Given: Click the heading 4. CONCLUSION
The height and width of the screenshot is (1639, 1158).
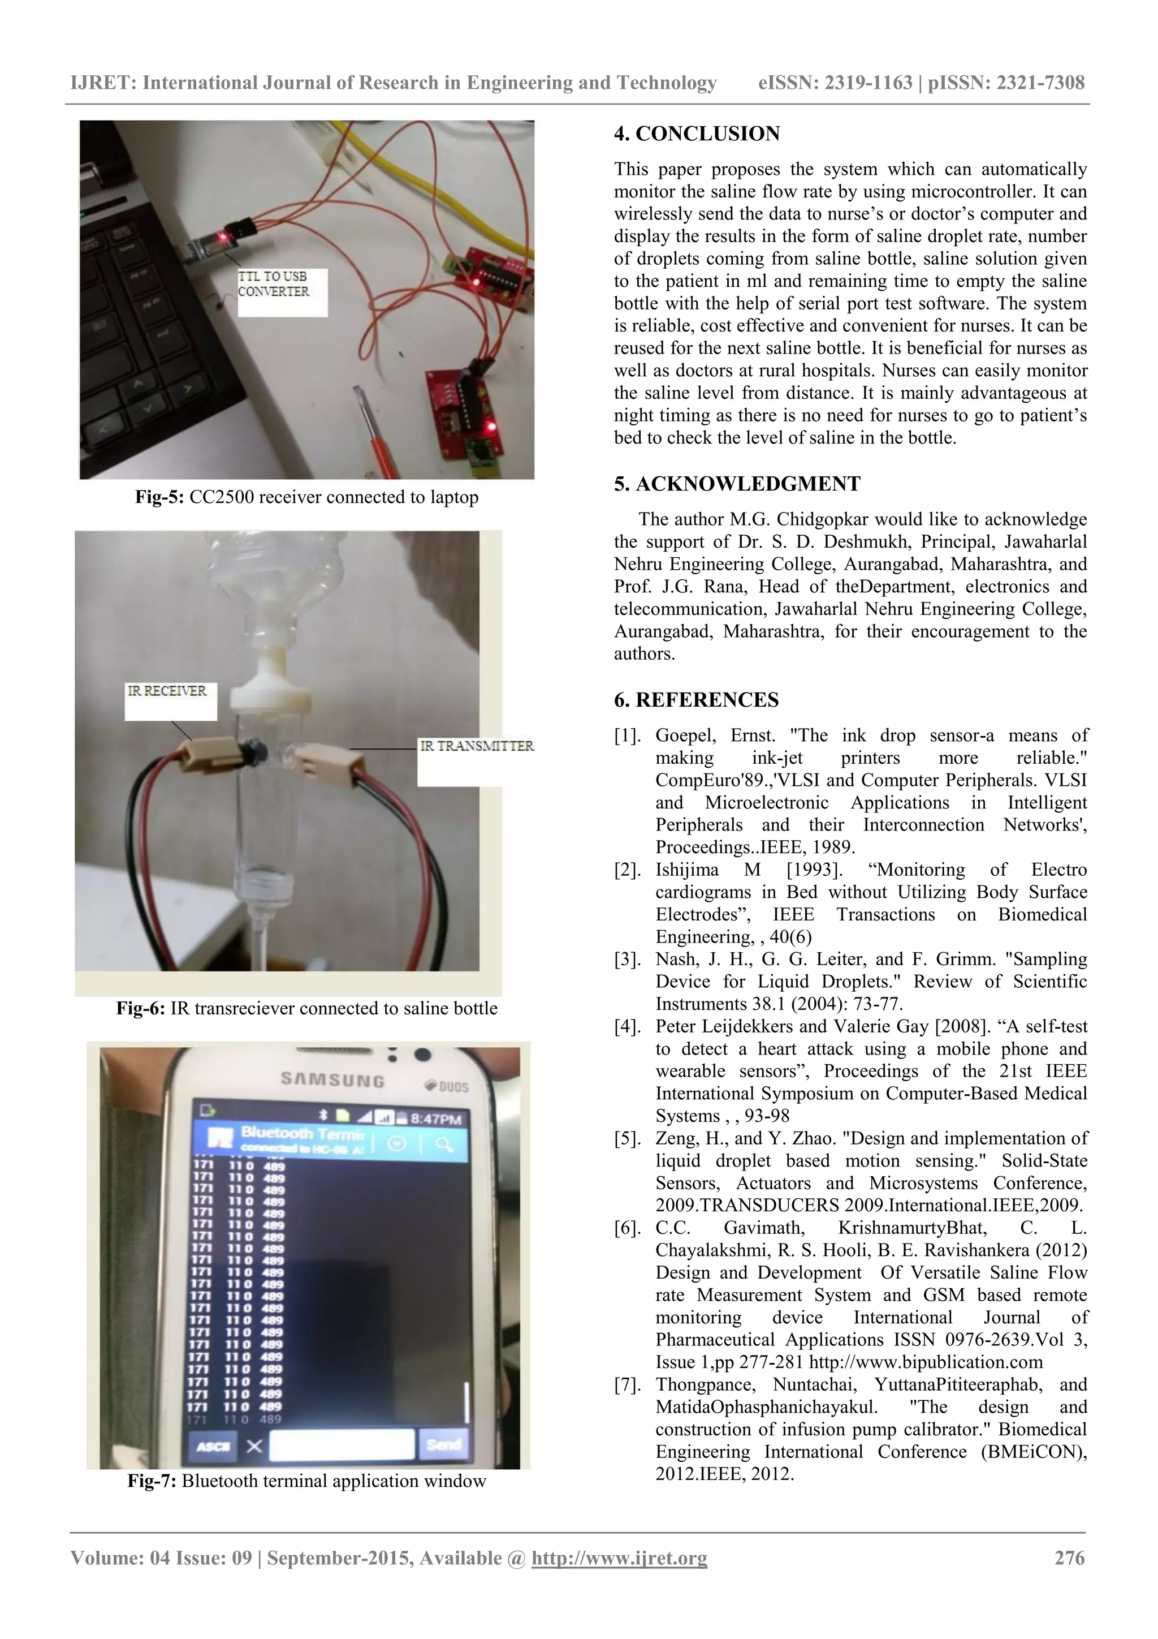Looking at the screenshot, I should (697, 134).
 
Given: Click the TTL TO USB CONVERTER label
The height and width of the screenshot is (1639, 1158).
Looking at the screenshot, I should (274, 284).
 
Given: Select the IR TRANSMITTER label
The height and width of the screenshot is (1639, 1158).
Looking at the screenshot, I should (476, 746).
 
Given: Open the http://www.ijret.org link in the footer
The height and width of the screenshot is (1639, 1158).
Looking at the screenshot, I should (619, 1558).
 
